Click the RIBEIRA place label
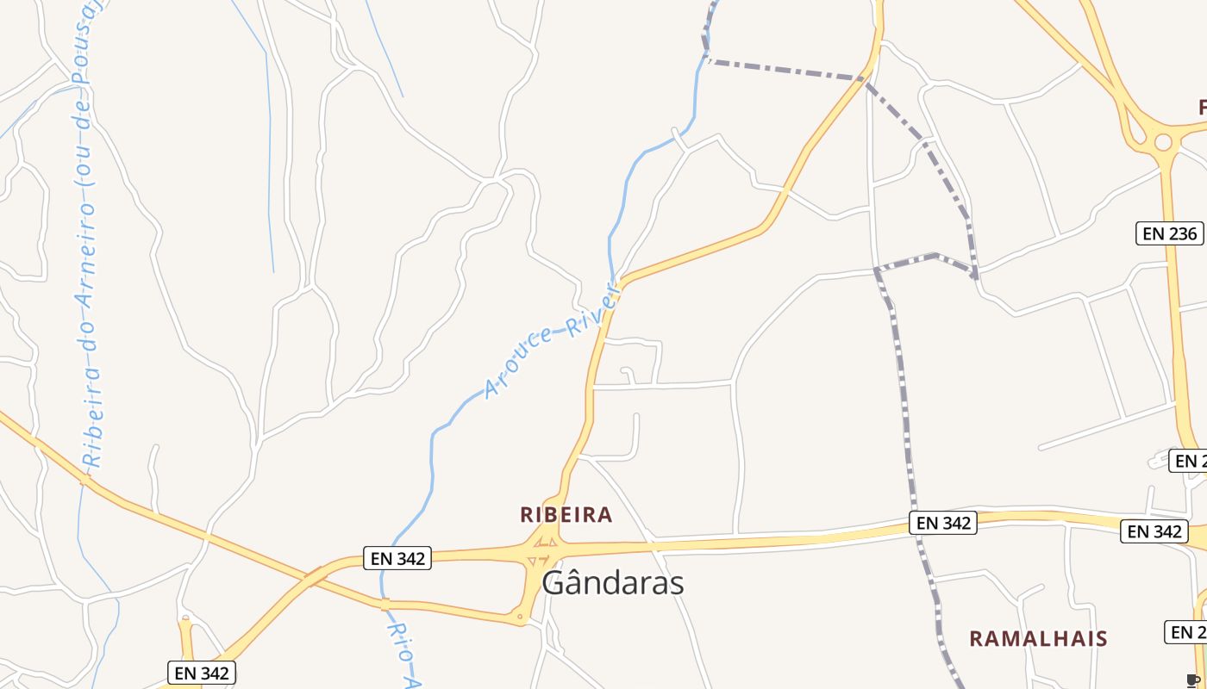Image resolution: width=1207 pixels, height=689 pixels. [x=566, y=515]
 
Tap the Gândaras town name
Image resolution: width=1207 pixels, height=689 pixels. [x=613, y=583]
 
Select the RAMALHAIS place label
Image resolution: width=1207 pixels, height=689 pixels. [x=1038, y=638]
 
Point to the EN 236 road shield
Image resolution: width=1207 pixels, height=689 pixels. [x=1169, y=233]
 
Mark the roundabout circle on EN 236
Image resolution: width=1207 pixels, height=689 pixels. [x=1163, y=142]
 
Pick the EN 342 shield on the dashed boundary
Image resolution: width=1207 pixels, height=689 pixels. [x=942, y=523]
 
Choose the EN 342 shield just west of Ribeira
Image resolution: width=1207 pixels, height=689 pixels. [x=397, y=558]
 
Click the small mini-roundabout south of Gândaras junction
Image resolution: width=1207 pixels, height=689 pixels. [x=519, y=617]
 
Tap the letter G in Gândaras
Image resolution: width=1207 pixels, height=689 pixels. [x=554, y=583]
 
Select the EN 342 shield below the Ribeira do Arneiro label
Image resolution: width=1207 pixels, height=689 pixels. [x=201, y=673]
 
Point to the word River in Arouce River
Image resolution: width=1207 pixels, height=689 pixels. [x=594, y=312]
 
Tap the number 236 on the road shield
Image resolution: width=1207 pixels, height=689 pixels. [x=1181, y=233]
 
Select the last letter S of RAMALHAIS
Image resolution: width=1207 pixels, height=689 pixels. [x=1101, y=638]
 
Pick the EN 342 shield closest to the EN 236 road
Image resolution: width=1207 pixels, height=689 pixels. [x=1154, y=531]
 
